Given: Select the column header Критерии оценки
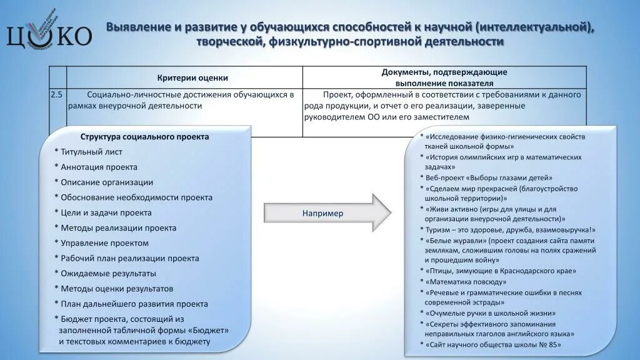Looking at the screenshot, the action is pos(192,78).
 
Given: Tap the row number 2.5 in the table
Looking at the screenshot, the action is pos(57,95).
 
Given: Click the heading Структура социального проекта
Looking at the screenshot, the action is pos(144,137).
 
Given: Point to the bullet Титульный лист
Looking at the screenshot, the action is pos(91,152).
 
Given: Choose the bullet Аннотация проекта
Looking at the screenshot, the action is pos(99,167).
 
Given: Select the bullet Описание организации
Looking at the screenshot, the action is pos(107,182).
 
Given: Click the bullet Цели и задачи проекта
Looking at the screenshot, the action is pos(106,212).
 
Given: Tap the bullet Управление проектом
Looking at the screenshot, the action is pos(105,243).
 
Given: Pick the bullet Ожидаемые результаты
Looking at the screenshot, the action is pos(108,274).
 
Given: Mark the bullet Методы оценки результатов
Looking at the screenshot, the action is pos(117,289).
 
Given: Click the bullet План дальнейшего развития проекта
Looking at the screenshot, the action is pos(134,304).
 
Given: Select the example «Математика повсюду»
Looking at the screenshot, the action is pos(467,282).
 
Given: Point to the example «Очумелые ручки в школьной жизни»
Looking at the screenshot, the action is pos(491,313).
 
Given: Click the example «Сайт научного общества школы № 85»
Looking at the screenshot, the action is pos(493,344).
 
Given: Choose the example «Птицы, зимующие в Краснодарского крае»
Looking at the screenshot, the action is pos(500,271).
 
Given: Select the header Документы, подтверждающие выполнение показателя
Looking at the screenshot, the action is pos(444,77).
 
